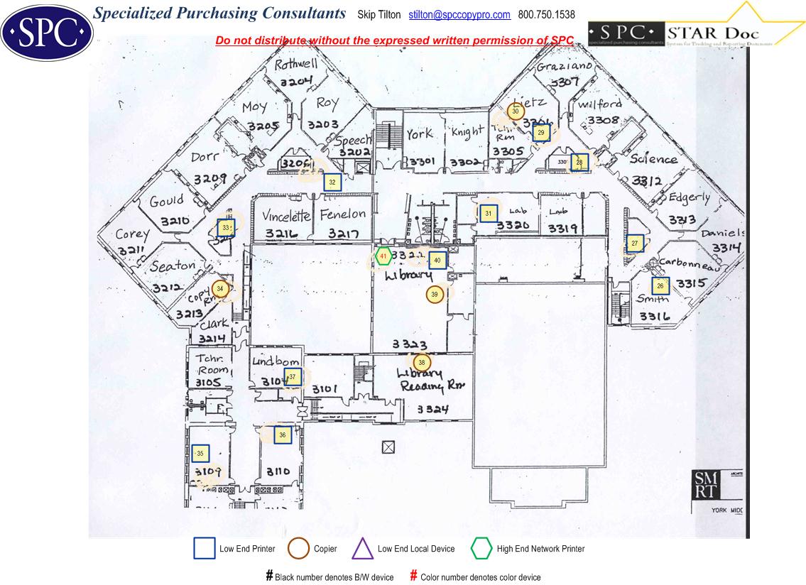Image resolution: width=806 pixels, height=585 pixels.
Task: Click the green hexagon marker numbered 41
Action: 383,256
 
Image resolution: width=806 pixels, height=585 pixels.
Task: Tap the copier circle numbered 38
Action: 422,363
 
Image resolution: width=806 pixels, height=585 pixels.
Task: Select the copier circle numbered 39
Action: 435,294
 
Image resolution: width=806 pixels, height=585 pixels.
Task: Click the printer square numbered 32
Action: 332,182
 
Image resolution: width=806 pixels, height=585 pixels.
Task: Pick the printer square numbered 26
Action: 660,286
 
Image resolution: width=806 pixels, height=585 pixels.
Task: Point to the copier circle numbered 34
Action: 220,288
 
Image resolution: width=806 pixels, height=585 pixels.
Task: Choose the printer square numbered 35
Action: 200,453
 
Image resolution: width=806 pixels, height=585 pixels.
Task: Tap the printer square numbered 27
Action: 635,244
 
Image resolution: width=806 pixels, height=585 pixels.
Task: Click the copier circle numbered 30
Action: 516,111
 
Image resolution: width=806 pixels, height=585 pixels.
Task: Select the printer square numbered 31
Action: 488,213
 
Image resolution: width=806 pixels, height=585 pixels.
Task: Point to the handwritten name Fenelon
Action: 343,214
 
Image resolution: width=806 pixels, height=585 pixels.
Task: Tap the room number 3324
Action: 432,409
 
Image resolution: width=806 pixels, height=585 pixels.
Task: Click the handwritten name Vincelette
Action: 286,216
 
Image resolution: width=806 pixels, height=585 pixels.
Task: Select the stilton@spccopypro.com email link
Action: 459,15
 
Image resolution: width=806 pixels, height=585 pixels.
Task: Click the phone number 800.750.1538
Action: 547,15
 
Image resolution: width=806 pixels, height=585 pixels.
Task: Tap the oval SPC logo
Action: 47,31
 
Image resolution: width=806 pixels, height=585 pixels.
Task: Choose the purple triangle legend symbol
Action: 363,549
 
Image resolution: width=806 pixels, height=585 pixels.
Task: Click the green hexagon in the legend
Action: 481,549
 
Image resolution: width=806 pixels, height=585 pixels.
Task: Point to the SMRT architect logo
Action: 706,486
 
